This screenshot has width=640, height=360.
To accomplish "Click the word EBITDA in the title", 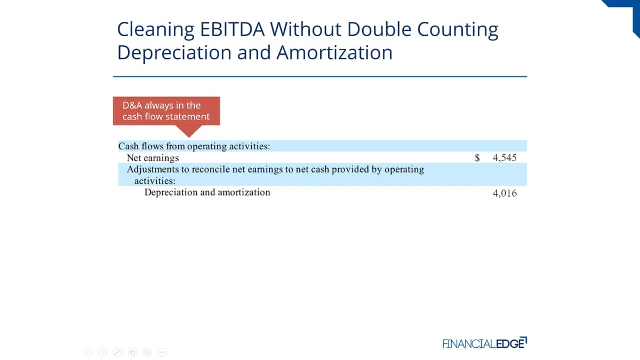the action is pos(233,29).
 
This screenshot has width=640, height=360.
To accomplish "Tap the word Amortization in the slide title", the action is pos(334,53).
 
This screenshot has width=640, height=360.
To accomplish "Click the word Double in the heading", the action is pos(379,29).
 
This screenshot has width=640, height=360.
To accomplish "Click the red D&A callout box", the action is pos(166,111).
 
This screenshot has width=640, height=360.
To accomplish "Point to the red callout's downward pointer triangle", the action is pos(189,131).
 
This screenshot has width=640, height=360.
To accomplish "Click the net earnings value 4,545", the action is pos(505,158).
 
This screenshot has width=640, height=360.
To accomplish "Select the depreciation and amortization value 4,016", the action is pos(505,194).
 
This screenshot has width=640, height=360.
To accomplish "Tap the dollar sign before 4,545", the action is pos(477,158).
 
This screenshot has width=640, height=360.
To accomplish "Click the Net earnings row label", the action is pos(153,158).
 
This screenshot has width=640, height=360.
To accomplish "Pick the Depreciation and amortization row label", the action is pos(207,193).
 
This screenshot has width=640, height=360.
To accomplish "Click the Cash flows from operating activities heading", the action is pos(194,146).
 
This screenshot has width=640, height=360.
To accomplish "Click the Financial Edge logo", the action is pos(485,343).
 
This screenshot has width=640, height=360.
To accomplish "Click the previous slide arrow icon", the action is pos(87,353).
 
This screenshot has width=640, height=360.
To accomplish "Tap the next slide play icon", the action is pos(102,353).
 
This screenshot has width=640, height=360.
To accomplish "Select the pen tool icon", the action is pos(117,353).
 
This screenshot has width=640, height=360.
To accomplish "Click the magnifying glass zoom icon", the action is pos(147,353).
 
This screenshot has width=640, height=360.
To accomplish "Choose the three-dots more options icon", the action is pos(162,353).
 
